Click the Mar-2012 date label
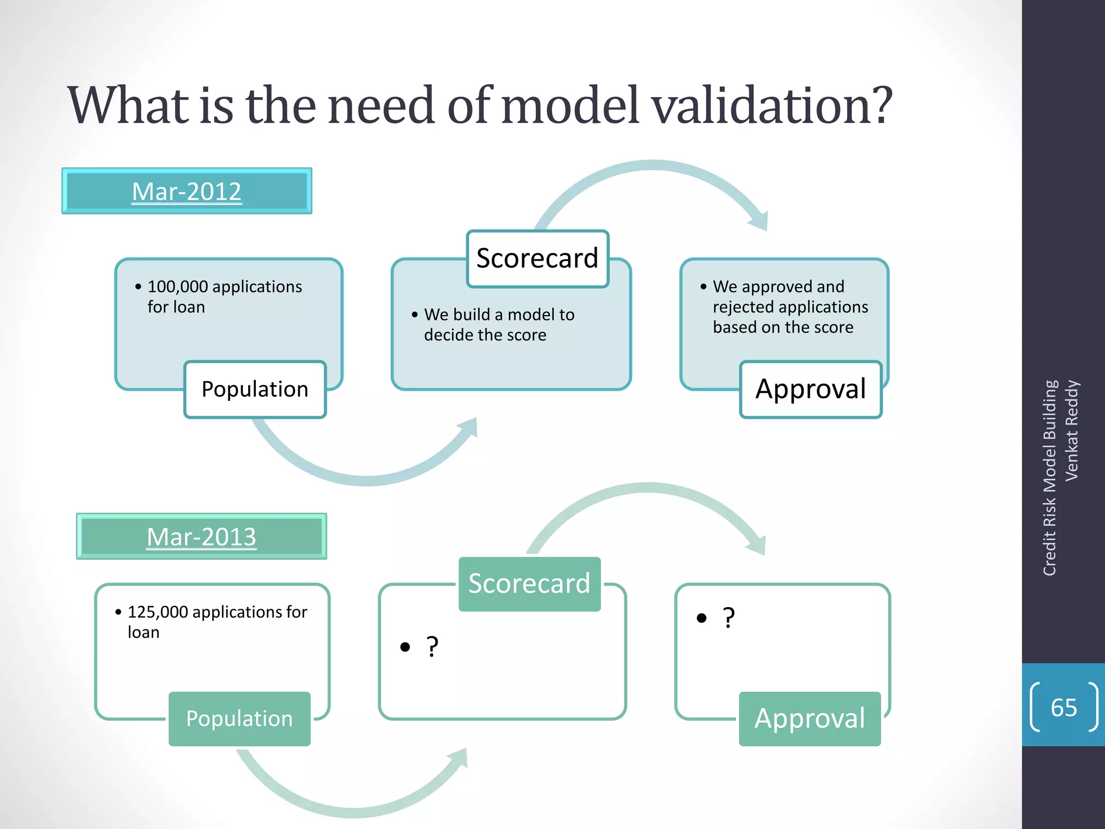point(187,192)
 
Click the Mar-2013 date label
point(201,536)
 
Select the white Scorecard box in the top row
point(537,259)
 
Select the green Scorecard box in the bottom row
point(529,584)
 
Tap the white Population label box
point(255,389)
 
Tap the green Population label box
point(239,719)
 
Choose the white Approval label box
point(810,389)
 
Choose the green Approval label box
point(809,719)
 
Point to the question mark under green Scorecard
point(432,647)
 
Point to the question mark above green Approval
point(728,618)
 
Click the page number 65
point(1063,708)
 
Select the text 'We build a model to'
point(499,315)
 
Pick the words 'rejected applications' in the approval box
point(790,307)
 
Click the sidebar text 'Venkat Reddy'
point(1072,431)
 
